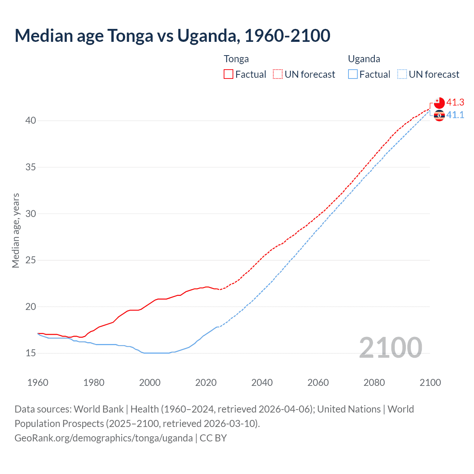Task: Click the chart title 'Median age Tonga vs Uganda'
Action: click(x=172, y=36)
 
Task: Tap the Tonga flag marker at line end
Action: click(x=439, y=103)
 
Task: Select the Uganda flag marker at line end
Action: click(x=439, y=116)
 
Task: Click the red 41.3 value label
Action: click(x=455, y=102)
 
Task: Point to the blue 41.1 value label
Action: click(x=455, y=115)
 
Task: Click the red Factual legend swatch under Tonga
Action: click(x=228, y=74)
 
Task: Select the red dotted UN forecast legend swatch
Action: click(x=278, y=74)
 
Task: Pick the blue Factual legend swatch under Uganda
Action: click(x=353, y=74)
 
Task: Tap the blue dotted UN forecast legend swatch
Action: click(x=402, y=74)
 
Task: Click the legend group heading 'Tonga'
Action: click(x=236, y=59)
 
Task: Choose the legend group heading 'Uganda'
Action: click(x=364, y=59)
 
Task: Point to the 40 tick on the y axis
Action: click(x=31, y=121)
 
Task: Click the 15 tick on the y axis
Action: click(x=31, y=353)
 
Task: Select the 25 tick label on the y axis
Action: click(x=31, y=260)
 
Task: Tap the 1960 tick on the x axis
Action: click(x=38, y=383)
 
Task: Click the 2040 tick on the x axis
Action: click(x=262, y=383)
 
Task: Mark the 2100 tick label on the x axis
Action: click(x=430, y=383)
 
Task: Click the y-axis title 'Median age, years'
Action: click(x=16, y=230)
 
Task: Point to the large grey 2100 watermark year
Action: click(x=390, y=348)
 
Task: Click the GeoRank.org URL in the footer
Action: click(x=104, y=438)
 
